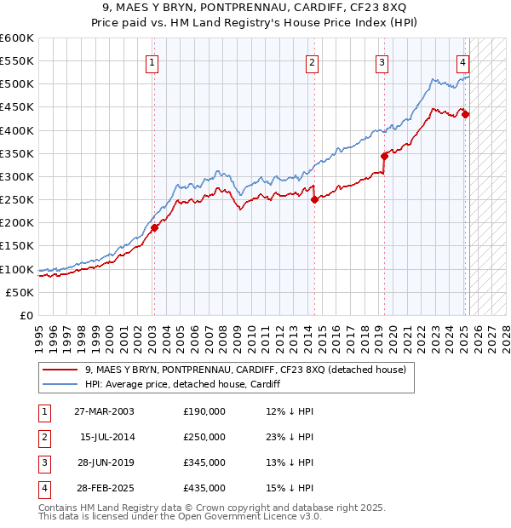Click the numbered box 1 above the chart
click(152, 61)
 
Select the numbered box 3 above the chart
click(382, 61)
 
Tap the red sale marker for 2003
click(155, 227)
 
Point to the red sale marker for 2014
click(314, 199)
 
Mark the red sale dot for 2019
click(384, 156)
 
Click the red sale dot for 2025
click(466, 114)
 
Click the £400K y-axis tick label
click(17, 130)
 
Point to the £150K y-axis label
click(17, 246)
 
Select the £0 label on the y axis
click(26, 315)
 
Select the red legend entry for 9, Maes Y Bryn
click(246, 370)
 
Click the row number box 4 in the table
click(43, 488)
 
